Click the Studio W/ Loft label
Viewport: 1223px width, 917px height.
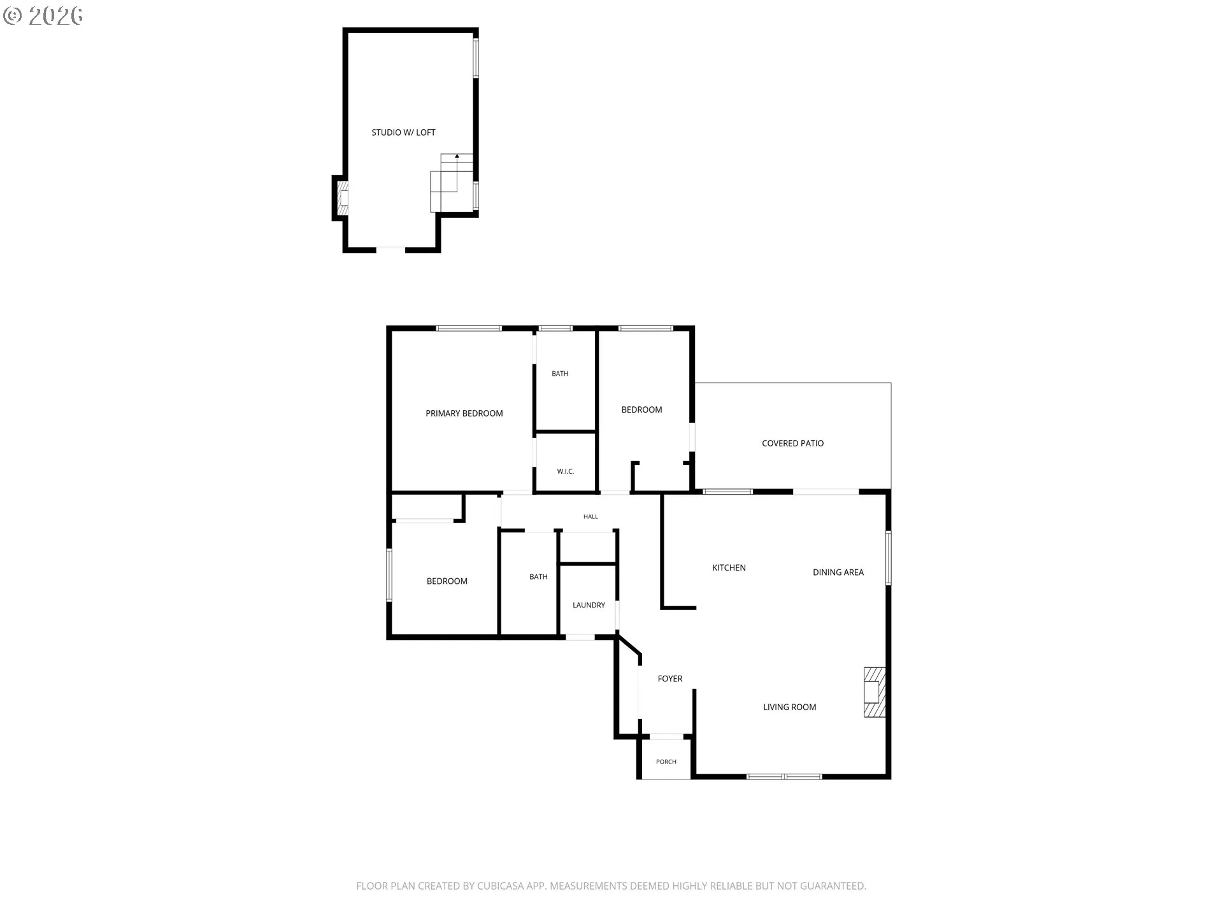403,132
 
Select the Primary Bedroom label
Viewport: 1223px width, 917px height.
464,413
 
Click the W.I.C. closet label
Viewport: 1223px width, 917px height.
566,471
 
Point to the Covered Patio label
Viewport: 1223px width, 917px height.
793,443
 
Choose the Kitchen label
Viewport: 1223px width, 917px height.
729,567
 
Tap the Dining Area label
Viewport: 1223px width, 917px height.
838,572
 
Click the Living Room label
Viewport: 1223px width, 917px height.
790,707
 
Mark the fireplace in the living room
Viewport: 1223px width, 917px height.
875,692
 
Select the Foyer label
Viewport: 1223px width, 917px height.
670,679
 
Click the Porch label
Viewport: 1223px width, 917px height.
666,762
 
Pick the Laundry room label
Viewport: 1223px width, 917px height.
589,605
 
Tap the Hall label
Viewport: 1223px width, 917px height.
590,516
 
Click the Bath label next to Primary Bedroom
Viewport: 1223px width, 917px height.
560,374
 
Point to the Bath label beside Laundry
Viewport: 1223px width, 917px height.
538,577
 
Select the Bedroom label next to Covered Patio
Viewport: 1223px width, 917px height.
641,409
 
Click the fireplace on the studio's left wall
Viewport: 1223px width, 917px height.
343,198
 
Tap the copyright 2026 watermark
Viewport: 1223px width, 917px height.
43,15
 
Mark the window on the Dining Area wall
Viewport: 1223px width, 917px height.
888,558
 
